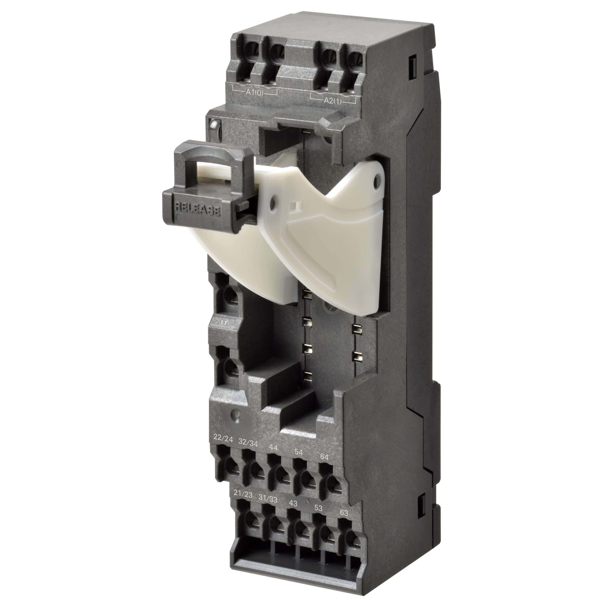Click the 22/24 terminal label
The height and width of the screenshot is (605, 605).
point(223,439)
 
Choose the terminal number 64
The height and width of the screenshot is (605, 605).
point(324,457)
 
